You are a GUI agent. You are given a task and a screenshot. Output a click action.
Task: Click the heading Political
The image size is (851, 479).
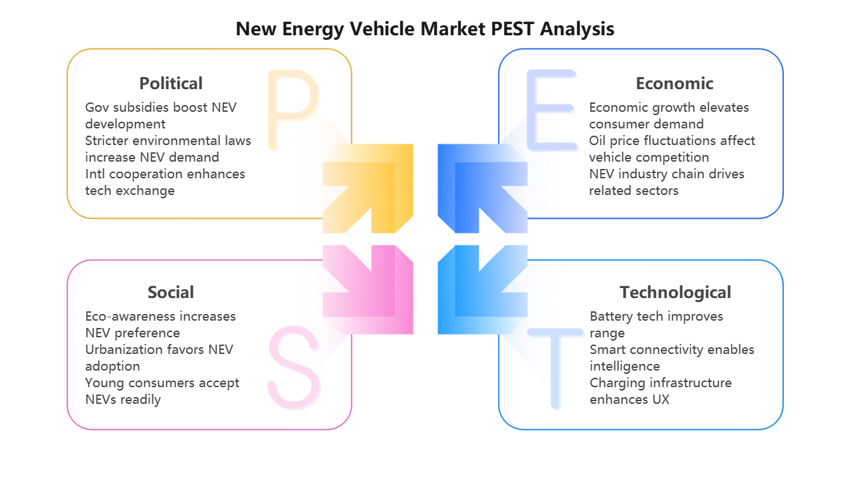pos(171,83)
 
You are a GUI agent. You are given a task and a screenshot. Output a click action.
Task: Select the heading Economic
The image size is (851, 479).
pos(674,83)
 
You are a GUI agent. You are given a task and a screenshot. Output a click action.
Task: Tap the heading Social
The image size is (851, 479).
pos(171,292)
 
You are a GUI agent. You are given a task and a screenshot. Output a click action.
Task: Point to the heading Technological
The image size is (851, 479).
pos(675,292)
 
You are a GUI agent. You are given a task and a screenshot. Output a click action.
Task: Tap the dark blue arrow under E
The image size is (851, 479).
pos(482,188)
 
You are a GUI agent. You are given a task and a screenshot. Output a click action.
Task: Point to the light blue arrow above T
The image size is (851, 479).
pos(482,289)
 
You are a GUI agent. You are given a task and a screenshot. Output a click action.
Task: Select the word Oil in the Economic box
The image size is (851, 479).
pos(599,141)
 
